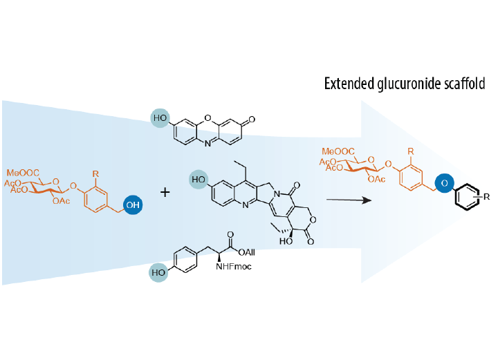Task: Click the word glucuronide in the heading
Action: (x=407, y=84)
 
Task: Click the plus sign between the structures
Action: (x=165, y=191)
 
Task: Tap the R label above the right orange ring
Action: (x=412, y=150)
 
